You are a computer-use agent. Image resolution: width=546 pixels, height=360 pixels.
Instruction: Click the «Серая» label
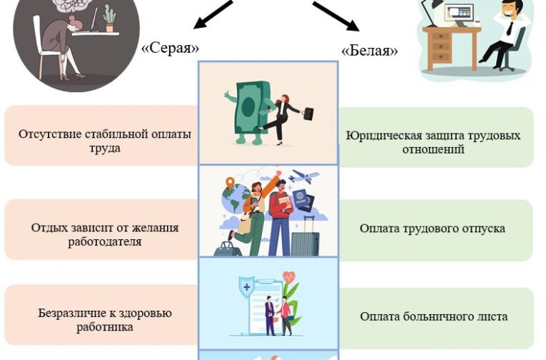[x=171, y=48]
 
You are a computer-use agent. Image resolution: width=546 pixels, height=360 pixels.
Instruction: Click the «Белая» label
[x=370, y=51]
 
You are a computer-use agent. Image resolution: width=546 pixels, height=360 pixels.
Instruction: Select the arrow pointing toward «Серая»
[x=212, y=14]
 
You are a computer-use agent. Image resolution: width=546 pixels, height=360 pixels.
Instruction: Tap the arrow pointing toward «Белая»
[x=335, y=16]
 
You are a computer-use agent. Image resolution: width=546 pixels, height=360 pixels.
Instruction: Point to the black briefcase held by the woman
[x=308, y=114]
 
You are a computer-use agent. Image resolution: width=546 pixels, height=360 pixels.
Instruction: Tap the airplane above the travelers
[x=303, y=176]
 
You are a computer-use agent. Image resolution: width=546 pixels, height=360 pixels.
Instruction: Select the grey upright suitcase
[x=305, y=237]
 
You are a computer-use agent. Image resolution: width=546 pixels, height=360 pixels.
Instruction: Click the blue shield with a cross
[x=246, y=286]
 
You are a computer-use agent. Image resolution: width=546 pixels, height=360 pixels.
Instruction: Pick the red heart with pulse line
[x=288, y=277]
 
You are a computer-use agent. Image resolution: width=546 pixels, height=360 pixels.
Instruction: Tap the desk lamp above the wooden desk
[x=430, y=12]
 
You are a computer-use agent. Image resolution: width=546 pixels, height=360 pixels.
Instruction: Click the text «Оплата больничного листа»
[x=433, y=316]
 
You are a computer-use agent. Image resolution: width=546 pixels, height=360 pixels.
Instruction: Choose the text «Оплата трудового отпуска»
[x=432, y=229]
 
